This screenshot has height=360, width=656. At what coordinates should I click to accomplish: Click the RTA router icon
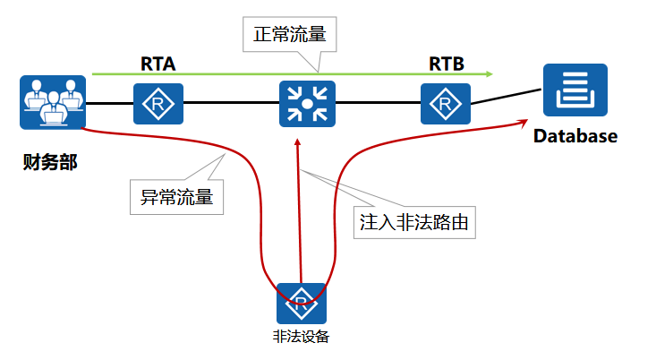tap(158, 104)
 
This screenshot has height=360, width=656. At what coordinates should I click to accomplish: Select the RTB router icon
tap(446, 104)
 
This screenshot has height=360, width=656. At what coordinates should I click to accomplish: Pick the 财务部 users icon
tap(53, 102)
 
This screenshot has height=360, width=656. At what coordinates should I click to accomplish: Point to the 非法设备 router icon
tap(302, 304)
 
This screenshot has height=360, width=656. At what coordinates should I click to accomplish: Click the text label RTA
tap(158, 64)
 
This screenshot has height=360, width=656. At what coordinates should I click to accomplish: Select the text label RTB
tap(446, 64)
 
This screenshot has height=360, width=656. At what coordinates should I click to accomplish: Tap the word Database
tap(575, 136)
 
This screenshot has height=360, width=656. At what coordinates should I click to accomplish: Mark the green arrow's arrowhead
tap(489, 73)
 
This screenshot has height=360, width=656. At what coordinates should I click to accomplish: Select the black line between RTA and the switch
tap(230, 104)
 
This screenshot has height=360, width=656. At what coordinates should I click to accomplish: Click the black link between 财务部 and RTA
tap(109, 104)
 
